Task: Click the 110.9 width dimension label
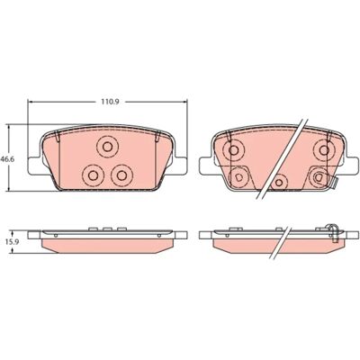click(x=110, y=102)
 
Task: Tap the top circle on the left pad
click(x=107, y=147)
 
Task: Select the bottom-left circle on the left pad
click(x=93, y=175)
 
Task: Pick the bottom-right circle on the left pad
click(x=121, y=175)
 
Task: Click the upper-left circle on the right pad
click(x=233, y=149)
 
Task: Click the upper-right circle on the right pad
click(x=324, y=149)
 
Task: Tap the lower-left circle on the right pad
click(x=238, y=177)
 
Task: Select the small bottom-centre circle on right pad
click(x=279, y=182)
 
